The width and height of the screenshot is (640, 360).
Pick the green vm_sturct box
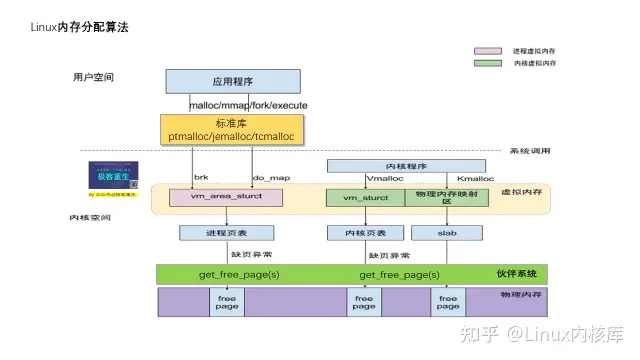[365, 198]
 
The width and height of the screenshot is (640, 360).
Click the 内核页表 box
[352, 233]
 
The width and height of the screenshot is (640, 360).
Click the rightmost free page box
[448, 302]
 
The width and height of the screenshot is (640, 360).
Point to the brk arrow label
[199, 178]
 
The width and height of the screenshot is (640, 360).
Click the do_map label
[269, 178]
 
